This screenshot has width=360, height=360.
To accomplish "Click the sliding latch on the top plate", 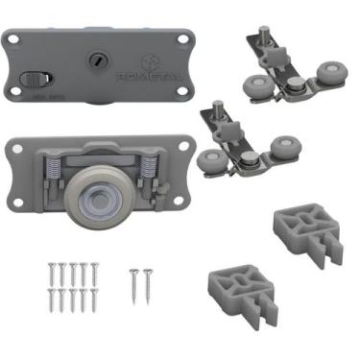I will point(33,79).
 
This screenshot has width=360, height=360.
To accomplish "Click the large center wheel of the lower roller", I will point(101,191).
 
